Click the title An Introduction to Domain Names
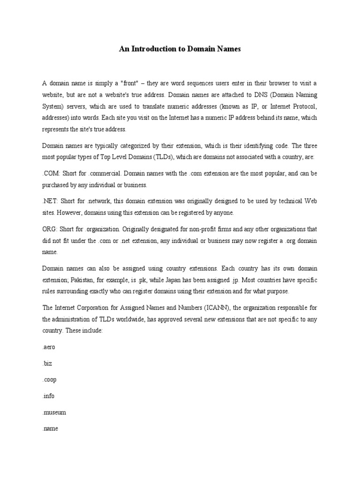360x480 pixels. [x=180, y=49]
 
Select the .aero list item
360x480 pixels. [x=49, y=347]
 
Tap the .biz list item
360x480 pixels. [x=47, y=363]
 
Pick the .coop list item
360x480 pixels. [x=49, y=380]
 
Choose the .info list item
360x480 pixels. [x=48, y=396]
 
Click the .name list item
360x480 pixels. [x=50, y=429]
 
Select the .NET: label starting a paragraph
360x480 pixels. [x=50, y=201]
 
